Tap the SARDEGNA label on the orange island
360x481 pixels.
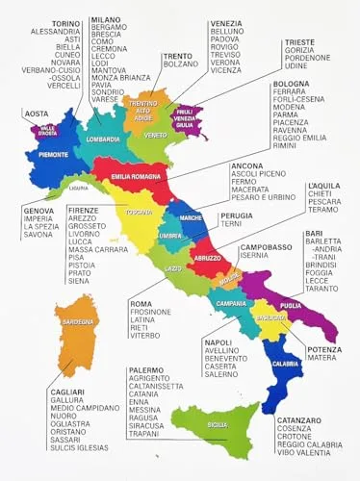[x=78, y=322]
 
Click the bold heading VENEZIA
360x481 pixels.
[x=226, y=22]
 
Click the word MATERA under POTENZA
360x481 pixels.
[x=321, y=358]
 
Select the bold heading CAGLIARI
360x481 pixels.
[x=68, y=392]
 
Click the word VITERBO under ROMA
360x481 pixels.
[x=145, y=336]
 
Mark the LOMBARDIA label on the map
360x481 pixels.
[x=103, y=139]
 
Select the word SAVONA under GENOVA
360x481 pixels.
[x=38, y=234]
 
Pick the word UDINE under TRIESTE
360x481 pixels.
[x=295, y=67]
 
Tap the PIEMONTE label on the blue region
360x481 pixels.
[x=53, y=154]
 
